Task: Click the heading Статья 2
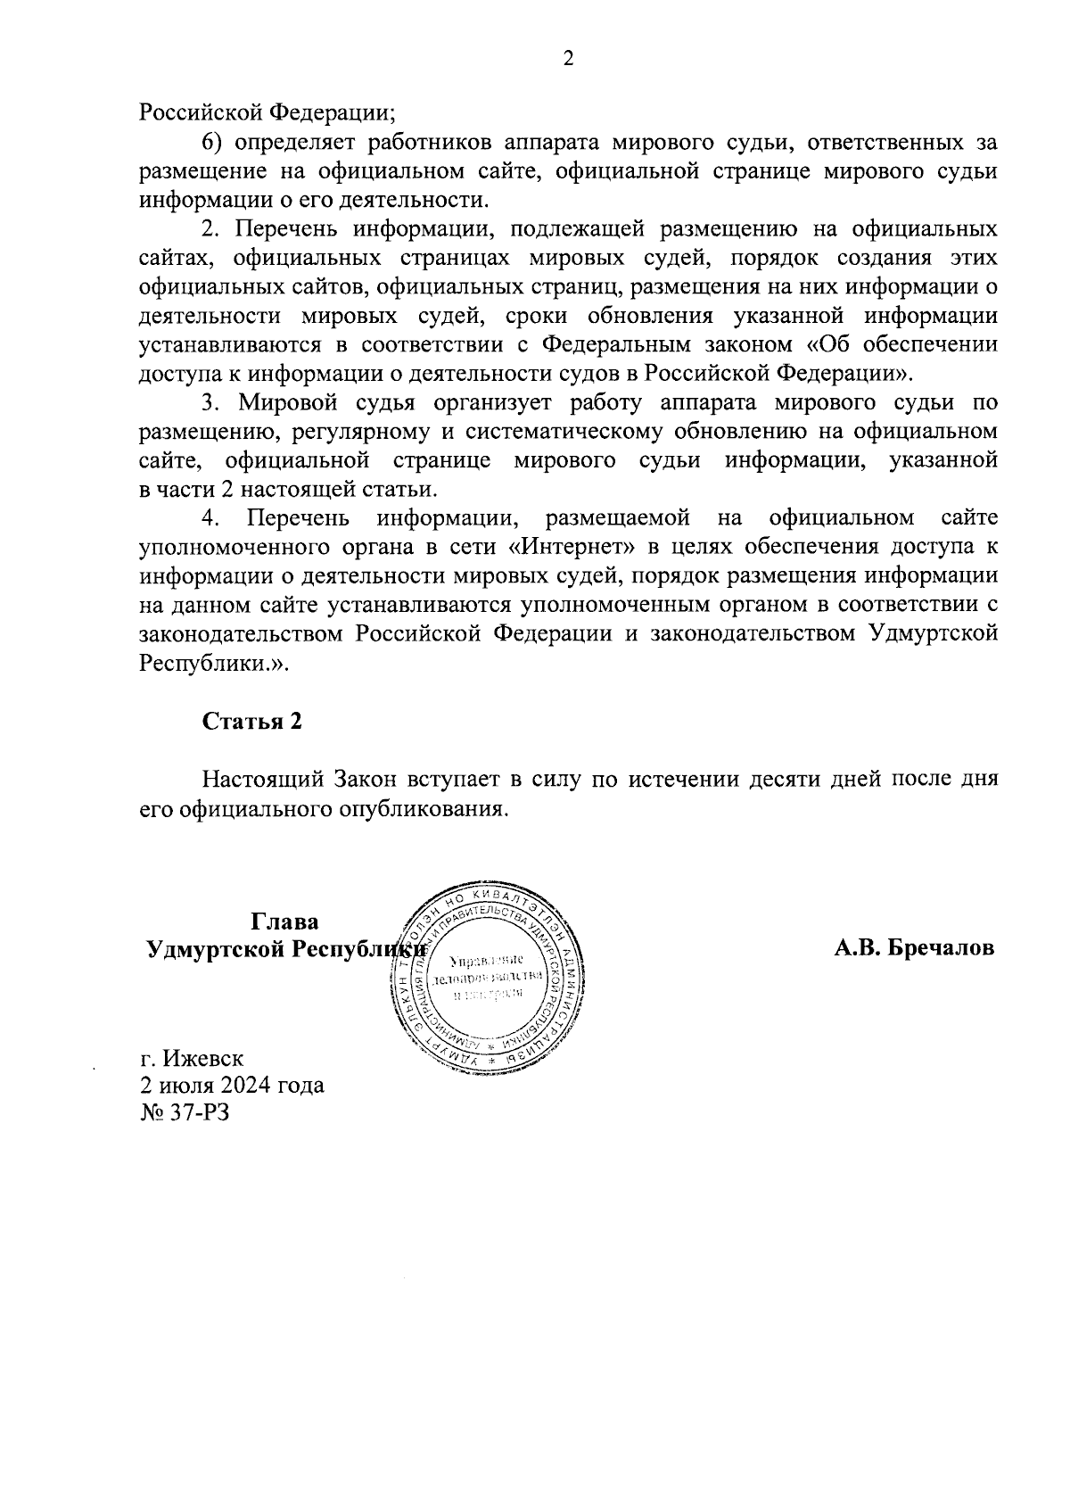click(251, 721)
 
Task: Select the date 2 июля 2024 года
click(232, 1086)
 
